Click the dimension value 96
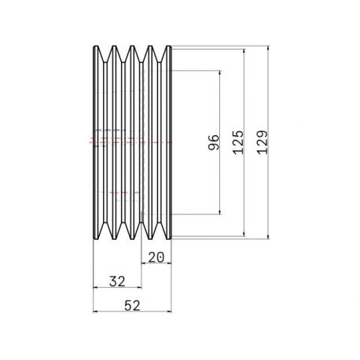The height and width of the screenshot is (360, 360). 213,142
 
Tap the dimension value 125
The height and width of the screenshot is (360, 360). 238,142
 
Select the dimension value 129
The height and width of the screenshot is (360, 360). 263,142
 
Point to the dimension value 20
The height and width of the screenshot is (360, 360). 156,257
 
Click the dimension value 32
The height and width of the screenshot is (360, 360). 117,281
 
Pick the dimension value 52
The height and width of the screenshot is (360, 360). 132,306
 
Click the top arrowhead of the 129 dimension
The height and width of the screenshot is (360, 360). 268,49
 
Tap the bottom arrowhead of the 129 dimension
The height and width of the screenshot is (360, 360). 268,237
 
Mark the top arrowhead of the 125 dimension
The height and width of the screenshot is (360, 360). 244,52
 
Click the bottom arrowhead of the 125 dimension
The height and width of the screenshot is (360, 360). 244,233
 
